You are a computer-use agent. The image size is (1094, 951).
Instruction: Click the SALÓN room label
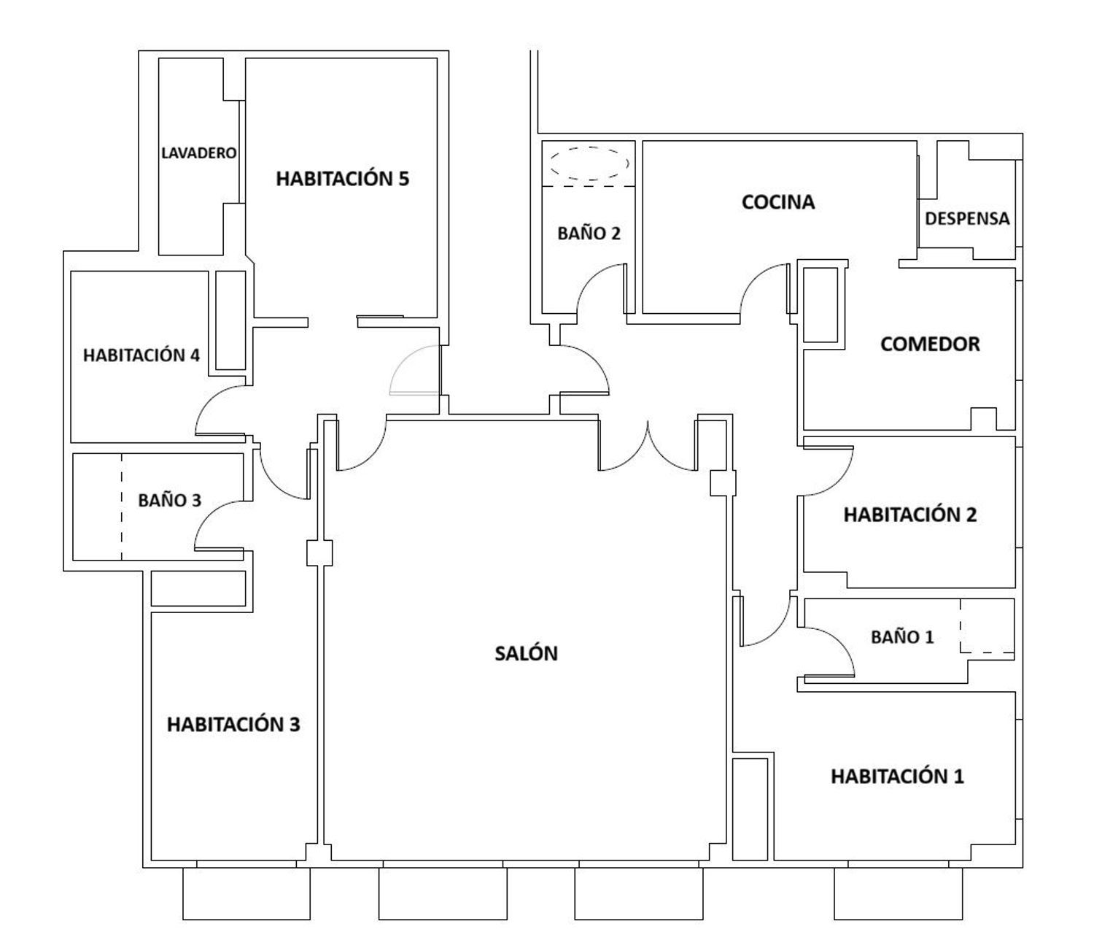coord(526,653)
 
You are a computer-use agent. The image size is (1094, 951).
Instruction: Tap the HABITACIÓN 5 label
coord(342,179)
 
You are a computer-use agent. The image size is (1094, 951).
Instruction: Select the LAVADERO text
coord(198,153)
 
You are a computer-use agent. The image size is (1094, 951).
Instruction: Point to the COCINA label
coord(778,201)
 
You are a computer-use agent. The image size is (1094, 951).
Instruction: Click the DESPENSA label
coord(967,218)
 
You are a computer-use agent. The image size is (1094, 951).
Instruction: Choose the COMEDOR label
coord(930,344)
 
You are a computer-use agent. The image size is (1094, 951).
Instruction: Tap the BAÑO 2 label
coord(589,234)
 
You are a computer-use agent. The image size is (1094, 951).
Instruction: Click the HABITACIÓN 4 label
coord(141,355)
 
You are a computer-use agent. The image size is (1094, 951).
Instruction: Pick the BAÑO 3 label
coord(169,500)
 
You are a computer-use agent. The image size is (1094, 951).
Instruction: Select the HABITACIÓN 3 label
coord(233,724)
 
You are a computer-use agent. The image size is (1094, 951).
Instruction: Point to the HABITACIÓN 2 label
coord(910,515)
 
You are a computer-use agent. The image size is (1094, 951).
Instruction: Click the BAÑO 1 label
coord(902,637)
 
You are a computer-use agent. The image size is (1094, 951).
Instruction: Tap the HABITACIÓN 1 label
coord(897,777)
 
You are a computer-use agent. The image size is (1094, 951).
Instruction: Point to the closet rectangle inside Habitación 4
coord(230,320)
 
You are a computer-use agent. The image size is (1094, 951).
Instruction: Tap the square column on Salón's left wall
coord(319,553)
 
